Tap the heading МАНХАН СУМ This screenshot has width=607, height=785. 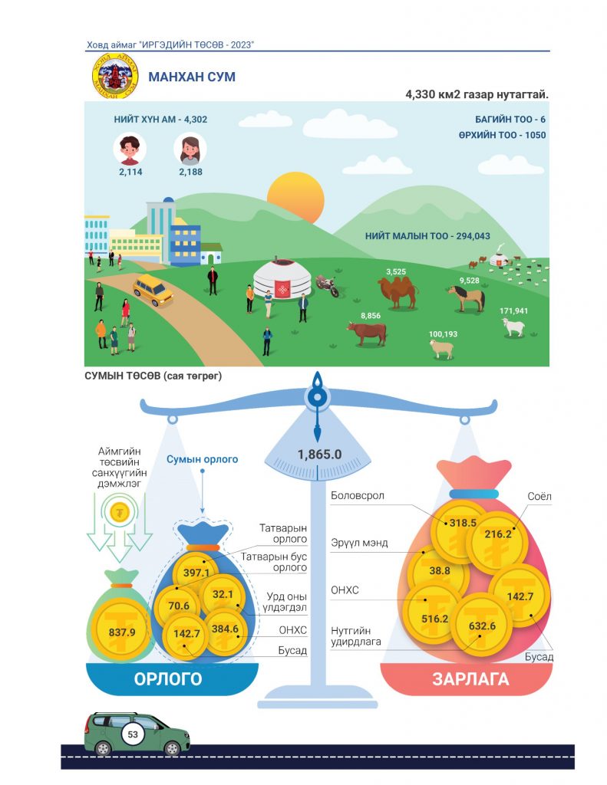pyautogui.click(x=192, y=77)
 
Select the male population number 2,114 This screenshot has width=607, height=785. pyautogui.click(x=130, y=172)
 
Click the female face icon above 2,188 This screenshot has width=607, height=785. pyautogui.click(x=190, y=149)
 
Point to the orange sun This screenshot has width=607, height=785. pyautogui.click(x=295, y=197)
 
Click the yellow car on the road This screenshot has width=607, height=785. pyautogui.click(x=153, y=290)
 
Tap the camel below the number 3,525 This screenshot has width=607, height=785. pyautogui.click(x=398, y=292)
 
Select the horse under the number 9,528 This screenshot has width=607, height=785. pyautogui.click(x=467, y=298)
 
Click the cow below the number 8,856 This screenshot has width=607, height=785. pyautogui.click(x=367, y=333)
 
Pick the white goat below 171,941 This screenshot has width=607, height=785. pyautogui.click(x=513, y=327)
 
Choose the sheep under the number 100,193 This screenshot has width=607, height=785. pyautogui.click(x=441, y=349)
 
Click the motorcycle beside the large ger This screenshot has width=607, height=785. pyautogui.click(x=328, y=287)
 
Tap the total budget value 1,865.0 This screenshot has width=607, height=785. pyautogui.click(x=320, y=454)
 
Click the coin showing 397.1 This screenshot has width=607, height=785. pyautogui.click(x=196, y=572)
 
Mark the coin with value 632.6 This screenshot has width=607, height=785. pyautogui.click(x=482, y=625)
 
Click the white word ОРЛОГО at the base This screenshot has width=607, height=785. pyautogui.click(x=168, y=679)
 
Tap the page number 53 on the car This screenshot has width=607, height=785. pyautogui.click(x=133, y=734)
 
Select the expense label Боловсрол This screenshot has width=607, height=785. pyautogui.click(x=358, y=496)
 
